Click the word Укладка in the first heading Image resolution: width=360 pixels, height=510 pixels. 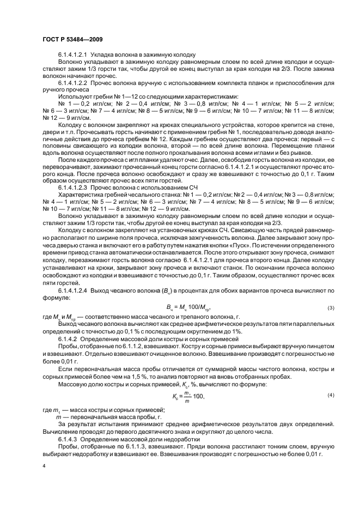click(x=102, y=55)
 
